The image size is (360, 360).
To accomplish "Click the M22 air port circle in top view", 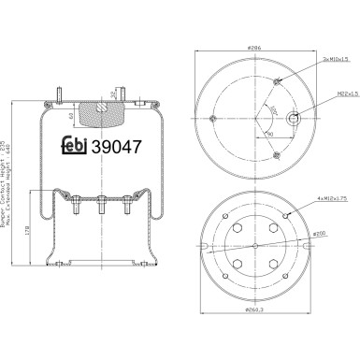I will (x=295, y=119).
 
